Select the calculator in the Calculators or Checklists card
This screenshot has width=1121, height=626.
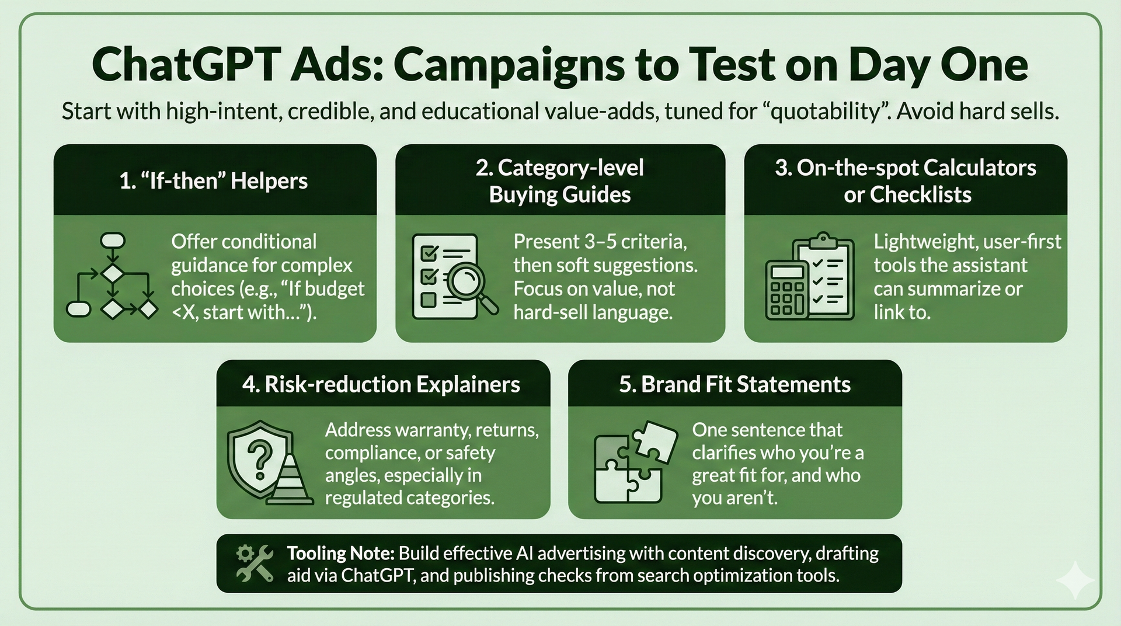point(786,290)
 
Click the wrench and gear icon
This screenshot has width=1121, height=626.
point(255,563)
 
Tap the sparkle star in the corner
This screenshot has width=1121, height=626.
point(1075,580)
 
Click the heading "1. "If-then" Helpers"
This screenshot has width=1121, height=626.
point(214,181)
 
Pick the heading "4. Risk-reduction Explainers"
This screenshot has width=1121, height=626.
point(381,384)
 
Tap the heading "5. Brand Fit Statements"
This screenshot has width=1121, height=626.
point(734,384)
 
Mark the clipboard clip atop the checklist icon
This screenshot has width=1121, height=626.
point(824,239)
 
